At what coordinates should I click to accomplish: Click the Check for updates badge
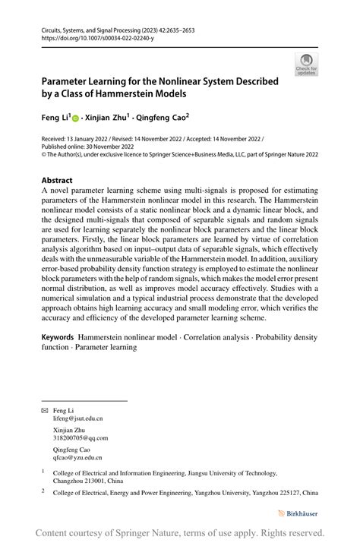tap(307, 65)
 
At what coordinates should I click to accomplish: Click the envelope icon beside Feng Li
tap(44, 411)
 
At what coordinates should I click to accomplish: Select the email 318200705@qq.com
tap(81, 438)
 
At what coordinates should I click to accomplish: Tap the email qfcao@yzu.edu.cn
tap(77, 458)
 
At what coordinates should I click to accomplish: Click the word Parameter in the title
tap(70, 80)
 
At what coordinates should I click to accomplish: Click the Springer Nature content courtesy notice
tap(180, 533)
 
